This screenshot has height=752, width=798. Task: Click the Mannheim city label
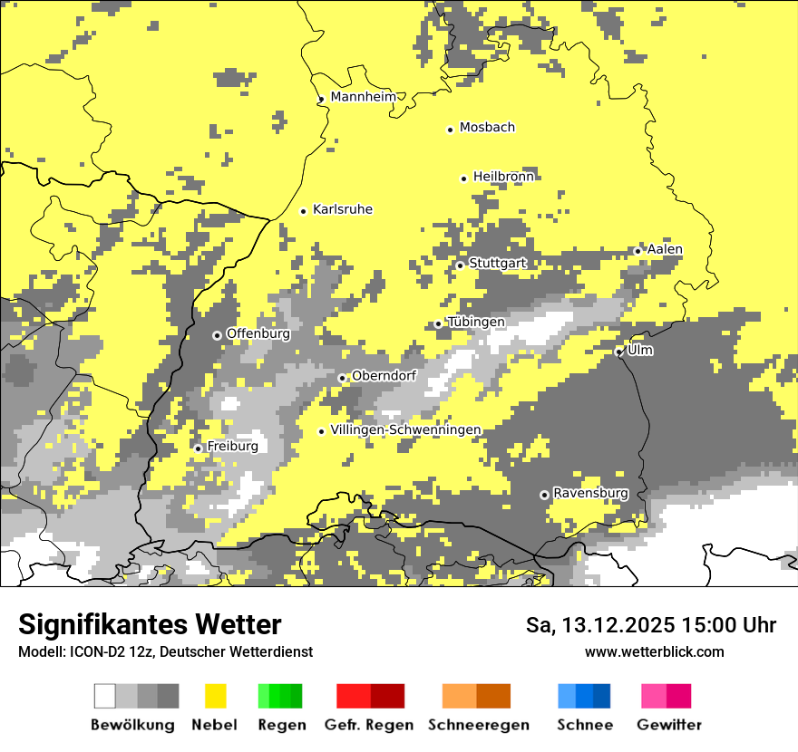[x=363, y=97]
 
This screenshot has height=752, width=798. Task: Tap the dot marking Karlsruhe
[x=304, y=211]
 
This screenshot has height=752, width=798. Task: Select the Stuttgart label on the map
[x=497, y=264]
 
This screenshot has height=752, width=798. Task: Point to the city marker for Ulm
[x=619, y=352]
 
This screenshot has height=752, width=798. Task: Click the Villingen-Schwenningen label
[x=405, y=430]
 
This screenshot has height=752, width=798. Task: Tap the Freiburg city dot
[x=198, y=448]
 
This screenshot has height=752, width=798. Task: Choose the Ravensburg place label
[x=590, y=494]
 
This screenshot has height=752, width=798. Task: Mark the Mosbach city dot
[x=450, y=130]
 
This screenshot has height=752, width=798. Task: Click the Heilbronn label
[x=503, y=178]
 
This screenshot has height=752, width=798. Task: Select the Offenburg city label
[x=258, y=333]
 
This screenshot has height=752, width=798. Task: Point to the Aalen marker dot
[x=637, y=251]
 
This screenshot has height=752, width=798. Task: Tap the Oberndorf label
[x=384, y=376]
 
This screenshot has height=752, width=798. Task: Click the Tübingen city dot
[x=438, y=324]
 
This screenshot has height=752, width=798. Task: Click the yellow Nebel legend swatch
[x=215, y=696]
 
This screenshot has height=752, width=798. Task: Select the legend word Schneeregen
[x=478, y=725]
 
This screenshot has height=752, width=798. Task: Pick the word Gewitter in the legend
[x=668, y=725]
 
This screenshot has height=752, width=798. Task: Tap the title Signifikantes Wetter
[x=150, y=624]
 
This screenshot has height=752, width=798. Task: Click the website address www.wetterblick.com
[x=654, y=651]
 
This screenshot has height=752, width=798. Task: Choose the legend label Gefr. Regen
[x=368, y=725]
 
